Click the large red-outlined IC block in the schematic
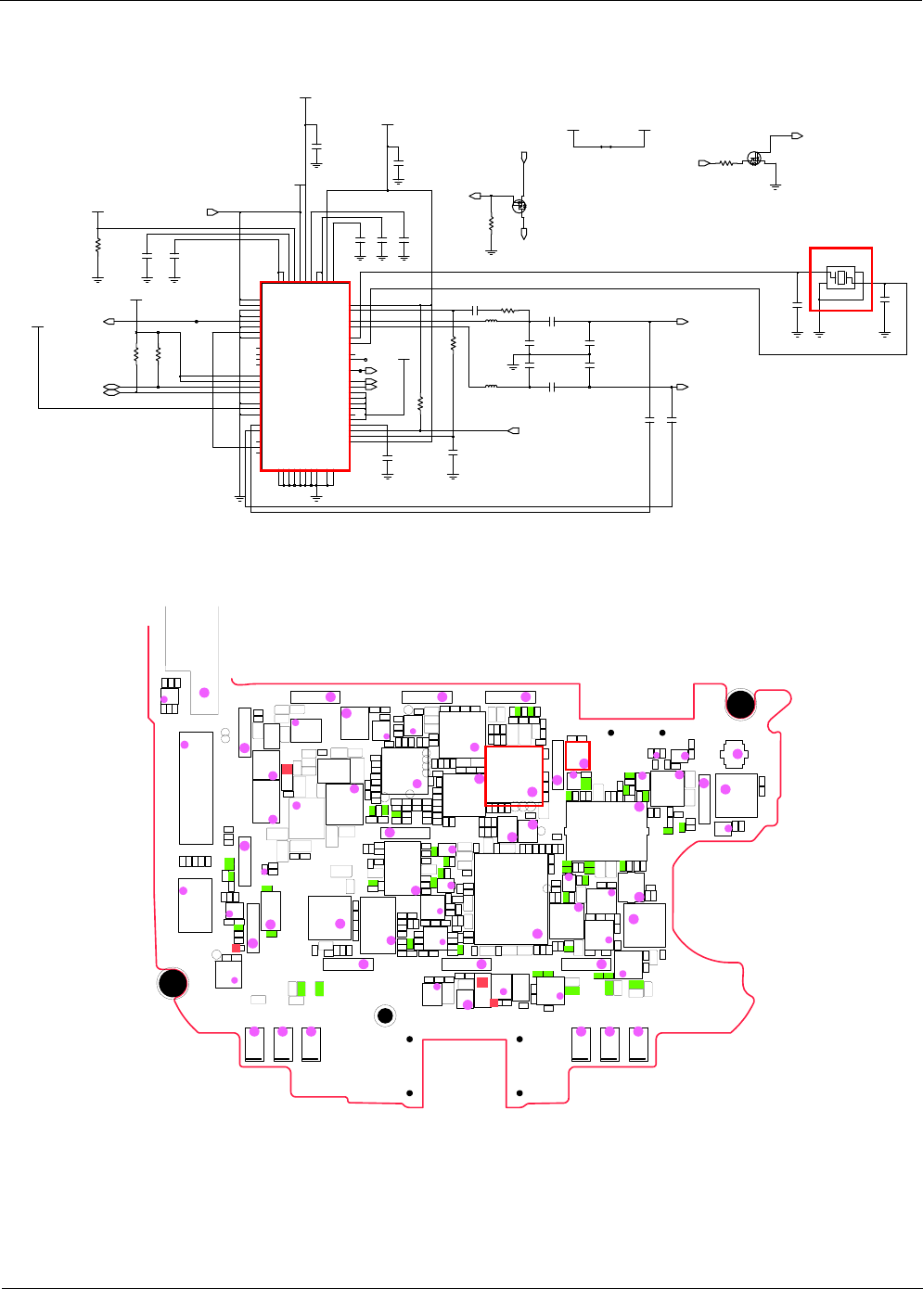click(305, 376)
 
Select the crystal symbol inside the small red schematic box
click(840, 277)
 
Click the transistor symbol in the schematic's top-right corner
click(754, 159)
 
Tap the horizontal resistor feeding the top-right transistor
click(726, 163)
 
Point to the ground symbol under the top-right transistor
click(776, 186)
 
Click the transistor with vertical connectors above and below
click(520, 206)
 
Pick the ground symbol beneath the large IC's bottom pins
click(316, 497)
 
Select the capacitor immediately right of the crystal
click(885, 299)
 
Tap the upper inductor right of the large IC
click(492, 321)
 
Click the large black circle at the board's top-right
click(740, 705)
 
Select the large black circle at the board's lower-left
click(173, 983)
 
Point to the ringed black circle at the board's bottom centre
click(386, 1016)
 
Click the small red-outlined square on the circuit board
click(578, 756)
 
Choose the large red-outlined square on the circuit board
click(514, 775)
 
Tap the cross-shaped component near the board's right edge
click(736, 752)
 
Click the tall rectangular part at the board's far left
click(196, 787)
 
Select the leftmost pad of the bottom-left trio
click(255, 1043)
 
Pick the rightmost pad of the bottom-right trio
click(637, 1043)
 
